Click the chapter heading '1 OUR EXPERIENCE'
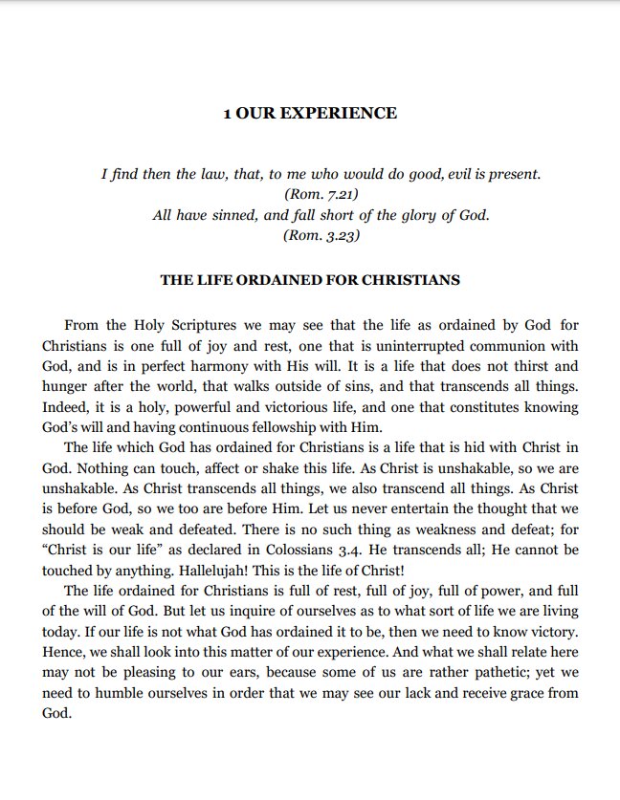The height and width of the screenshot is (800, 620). coord(309,114)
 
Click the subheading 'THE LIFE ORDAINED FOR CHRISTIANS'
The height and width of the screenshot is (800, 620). coord(309,281)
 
